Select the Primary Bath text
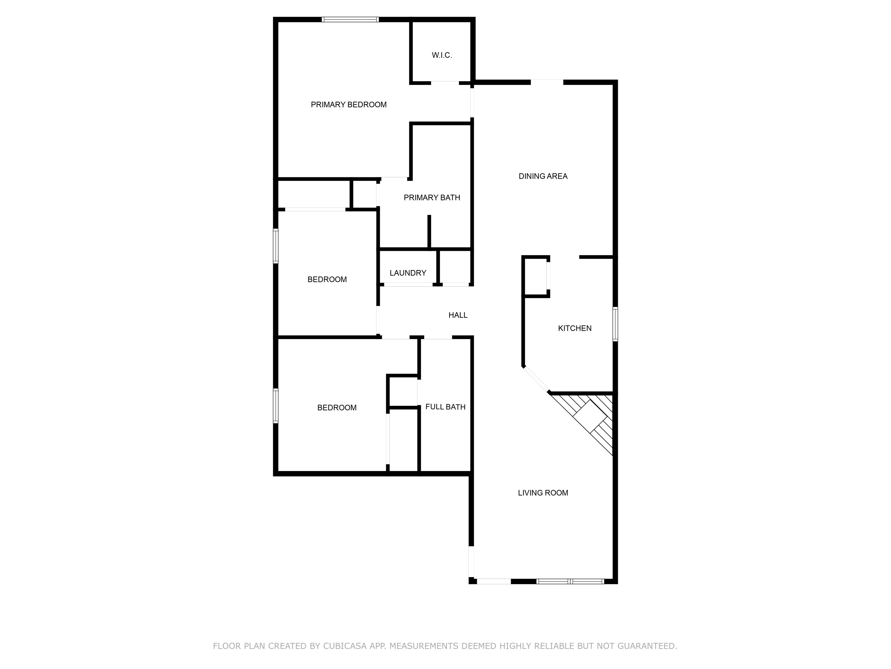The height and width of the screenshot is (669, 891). coord(432,198)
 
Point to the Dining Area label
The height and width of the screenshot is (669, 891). coord(543,176)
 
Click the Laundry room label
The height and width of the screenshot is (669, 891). coord(408,273)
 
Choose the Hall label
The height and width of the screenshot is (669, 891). coord(458,315)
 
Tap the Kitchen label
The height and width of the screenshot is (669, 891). coord(574,328)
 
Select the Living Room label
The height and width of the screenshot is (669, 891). coord(543,493)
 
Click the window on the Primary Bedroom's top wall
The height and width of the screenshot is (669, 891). coord(350,19)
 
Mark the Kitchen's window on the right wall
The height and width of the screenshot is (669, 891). coord(615,324)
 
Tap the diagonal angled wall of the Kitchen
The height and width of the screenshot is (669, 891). coord(536,379)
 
